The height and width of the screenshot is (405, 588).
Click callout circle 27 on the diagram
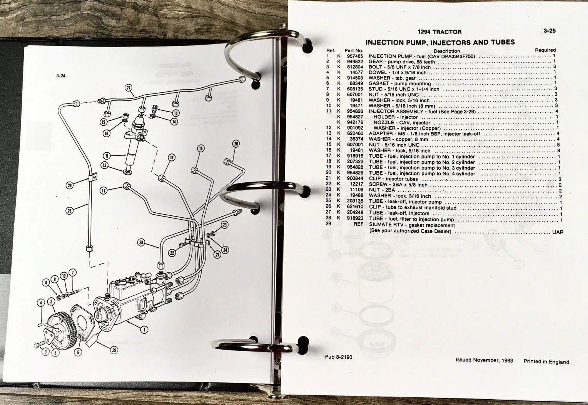click(129, 88)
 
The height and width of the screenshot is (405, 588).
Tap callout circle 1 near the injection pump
click(144, 329)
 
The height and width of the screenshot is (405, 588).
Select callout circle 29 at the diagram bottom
click(114, 350)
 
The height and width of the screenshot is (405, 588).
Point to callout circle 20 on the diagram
click(236, 143)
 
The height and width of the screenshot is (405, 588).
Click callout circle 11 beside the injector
click(107, 156)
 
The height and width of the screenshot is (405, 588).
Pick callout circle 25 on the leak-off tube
click(70, 211)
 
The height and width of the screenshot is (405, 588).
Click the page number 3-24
click(61, 76)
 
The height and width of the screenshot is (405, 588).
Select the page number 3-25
click(550, 31)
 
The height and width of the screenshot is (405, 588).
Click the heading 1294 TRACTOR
click(439, 32)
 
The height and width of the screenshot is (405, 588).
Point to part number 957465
click(355, 56)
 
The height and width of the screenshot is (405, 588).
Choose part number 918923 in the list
click(355, 218)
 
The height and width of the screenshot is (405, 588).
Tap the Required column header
click(545, 50)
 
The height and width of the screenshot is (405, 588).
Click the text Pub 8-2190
click(339, 357)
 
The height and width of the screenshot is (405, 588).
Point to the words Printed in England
click(546, 362)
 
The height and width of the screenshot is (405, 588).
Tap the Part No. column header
click(354, 51)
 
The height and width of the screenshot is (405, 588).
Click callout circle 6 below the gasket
click(78, 352)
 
